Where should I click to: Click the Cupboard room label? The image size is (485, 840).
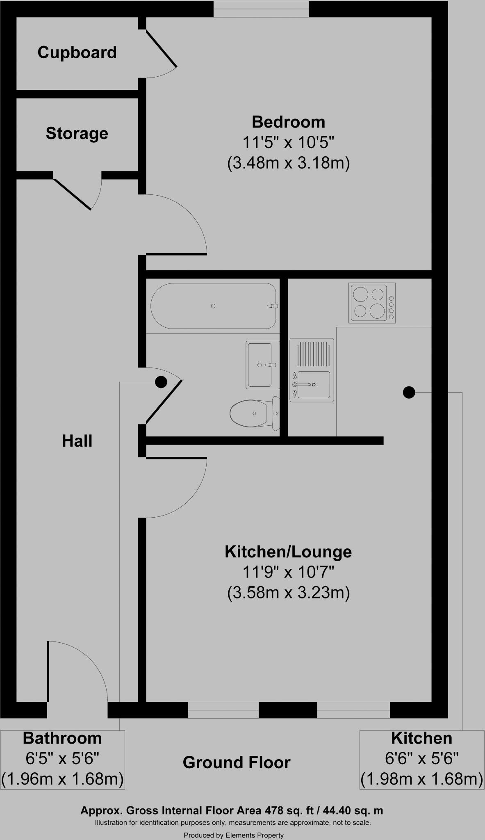pyautogui.click(x=77, y=52)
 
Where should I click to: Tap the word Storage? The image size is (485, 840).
pyautogui.click(x=77, y=133)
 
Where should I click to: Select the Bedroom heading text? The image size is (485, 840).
pyautogui.click(x=288, y=122)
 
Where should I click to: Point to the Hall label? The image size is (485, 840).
pyautogui.click(x=77, y=441)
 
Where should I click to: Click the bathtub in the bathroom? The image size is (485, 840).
pyautogui.click(x=213, y=306)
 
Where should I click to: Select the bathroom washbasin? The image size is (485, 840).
pyautogui.click(x=262, y=365)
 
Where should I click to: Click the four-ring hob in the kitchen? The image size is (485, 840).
pyautogui.click(x=372, y=303)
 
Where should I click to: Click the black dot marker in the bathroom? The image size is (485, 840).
pyautogui.click(x=161, y=382)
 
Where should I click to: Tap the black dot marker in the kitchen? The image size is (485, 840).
pyautogui.click(x=409, y=393)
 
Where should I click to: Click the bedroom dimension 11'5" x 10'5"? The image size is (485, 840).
pyautogui.click(x=288, y=143)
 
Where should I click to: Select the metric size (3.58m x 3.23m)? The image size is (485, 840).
pyautogui.click(x=288, y=593)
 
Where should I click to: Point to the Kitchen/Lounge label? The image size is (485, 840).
pyautogui.click(x=288, y=552)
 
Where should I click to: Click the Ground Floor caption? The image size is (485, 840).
pyautogui.click(x=237, y=762)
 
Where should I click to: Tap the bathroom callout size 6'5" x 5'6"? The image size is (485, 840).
pyautogui.click(x=62, y=759)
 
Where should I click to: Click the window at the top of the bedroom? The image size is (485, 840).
pyautogui.click(x=261, y=9)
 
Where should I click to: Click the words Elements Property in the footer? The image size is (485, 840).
pyautogui.click(x=254, y=835)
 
